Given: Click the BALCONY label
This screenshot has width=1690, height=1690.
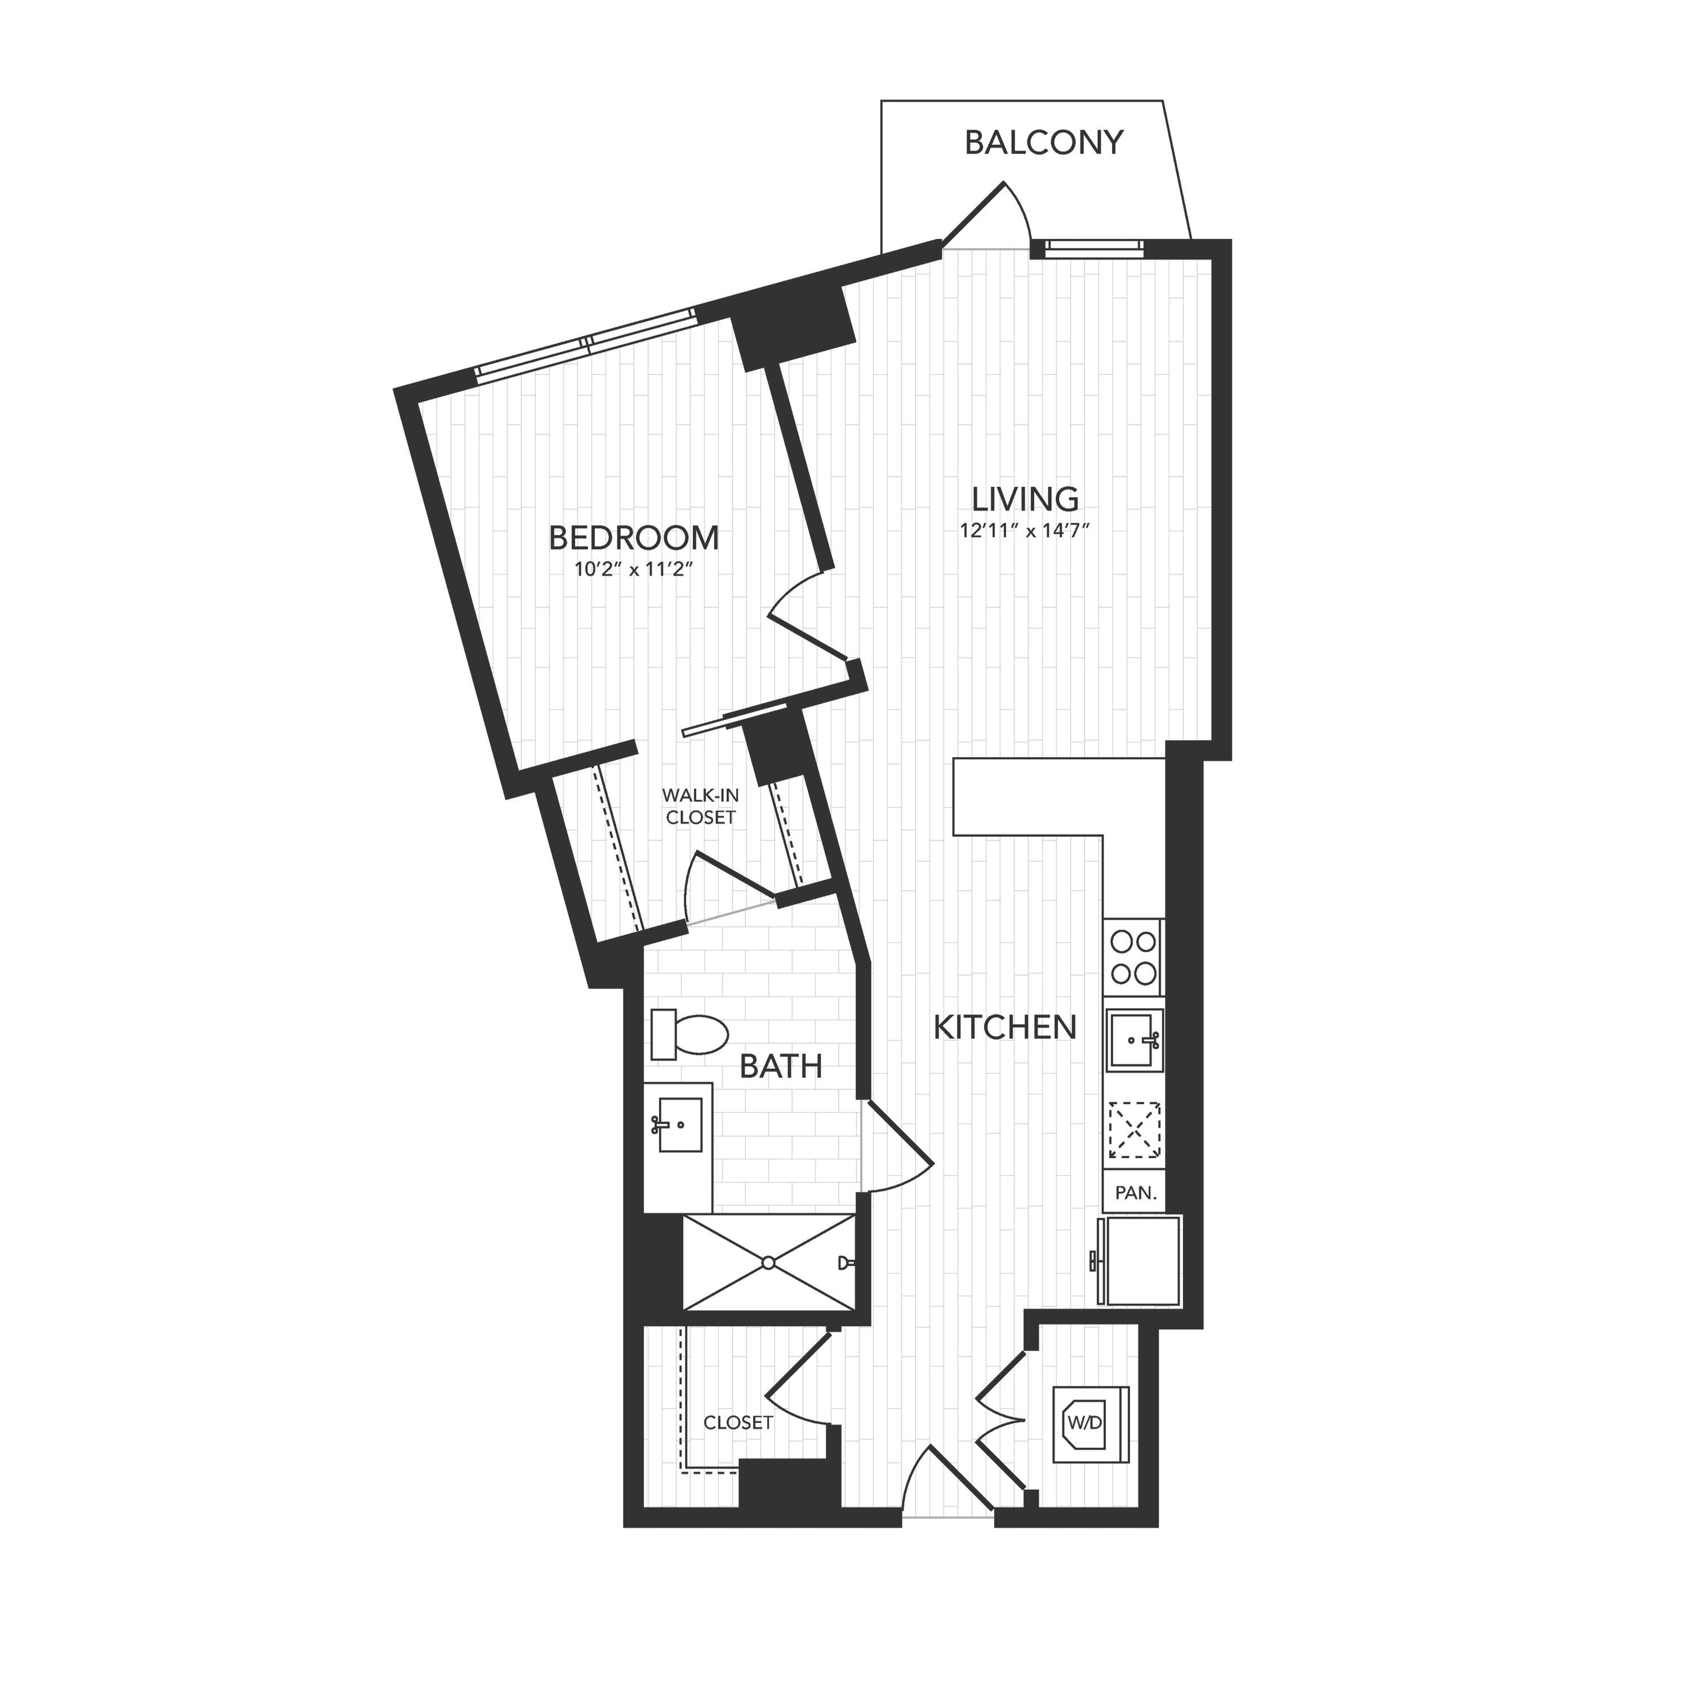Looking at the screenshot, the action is [1043, 143].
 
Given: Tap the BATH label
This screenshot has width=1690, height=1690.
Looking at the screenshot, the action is [781, 1066].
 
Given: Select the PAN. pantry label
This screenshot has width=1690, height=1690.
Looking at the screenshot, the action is [1136, 1192].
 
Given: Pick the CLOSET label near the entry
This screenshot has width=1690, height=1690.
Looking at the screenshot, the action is [739, 1423].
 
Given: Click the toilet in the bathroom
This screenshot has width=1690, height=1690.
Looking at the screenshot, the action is [690, 1034].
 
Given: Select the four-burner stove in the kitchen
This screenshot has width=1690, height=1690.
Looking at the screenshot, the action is [1133, 958].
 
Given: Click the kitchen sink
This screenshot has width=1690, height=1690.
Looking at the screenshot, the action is [1135, 1040].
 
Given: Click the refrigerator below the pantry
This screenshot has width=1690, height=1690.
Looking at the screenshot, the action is [1141, 1261].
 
